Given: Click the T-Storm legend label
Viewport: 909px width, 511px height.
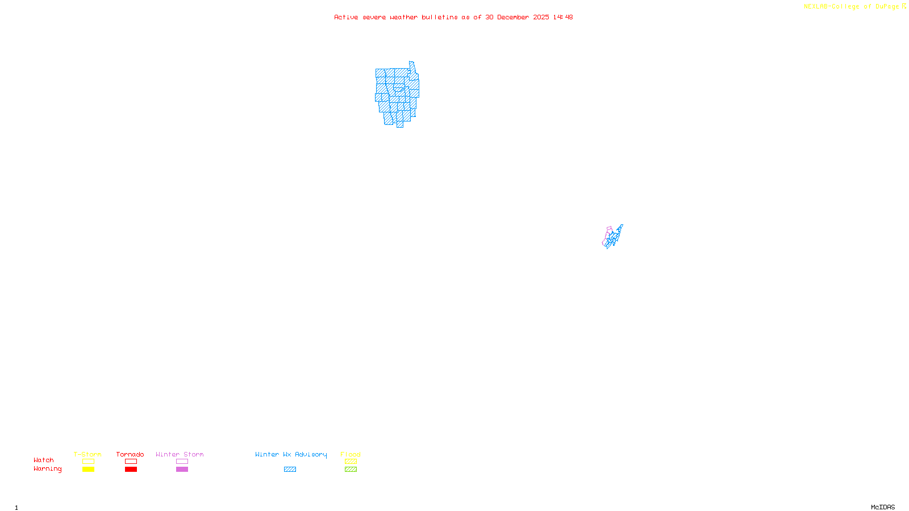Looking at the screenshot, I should tap(87, 454).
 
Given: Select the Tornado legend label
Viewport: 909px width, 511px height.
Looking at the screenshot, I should tap(130, 454).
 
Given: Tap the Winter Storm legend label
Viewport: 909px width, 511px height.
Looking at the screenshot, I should tap(180, 454).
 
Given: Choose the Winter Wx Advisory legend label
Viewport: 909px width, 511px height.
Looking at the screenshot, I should tap(291, 454).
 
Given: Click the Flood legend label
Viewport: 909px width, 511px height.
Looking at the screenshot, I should tap(351, 454).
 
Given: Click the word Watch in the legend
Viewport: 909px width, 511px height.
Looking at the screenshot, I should tap(44, 460).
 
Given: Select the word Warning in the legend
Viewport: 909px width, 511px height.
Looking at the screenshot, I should tap(48, 469).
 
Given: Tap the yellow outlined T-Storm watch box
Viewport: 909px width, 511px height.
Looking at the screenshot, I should tap(88, 462).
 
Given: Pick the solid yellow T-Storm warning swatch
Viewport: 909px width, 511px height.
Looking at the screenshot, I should tap(88, 470).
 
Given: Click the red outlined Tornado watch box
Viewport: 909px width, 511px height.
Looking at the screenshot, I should tap(131, 462).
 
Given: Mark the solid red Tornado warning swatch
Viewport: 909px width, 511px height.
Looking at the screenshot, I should tap(131, 470).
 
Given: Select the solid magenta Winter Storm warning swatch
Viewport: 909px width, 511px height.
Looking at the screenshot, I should tap(182, 470).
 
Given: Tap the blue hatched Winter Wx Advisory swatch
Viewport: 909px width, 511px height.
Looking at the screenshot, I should tap(290, 470).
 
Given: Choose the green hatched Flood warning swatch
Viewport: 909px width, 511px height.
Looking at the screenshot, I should tap(351, 470).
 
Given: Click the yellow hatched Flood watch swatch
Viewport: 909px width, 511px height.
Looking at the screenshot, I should tap(351, 462).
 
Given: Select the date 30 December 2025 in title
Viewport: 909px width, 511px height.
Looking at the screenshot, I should tap(517, 18).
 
